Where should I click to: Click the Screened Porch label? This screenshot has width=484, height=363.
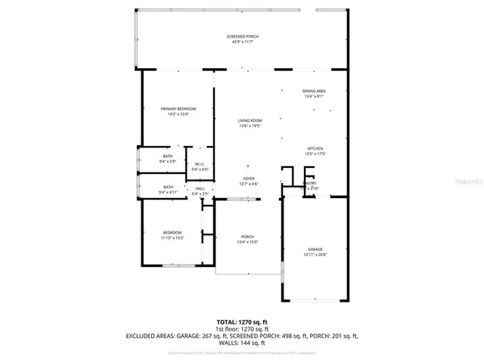[x=241, y=36]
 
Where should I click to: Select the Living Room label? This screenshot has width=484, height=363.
[x=250, y=121]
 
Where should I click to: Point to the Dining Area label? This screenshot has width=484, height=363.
[x=313, y=91]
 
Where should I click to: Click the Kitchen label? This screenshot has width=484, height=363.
[x=315, y=148]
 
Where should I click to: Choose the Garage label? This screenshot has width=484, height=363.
[x=315, y=249]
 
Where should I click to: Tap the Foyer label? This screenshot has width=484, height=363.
[x=248, y=178]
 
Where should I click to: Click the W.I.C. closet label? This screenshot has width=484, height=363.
[x=200, y=164]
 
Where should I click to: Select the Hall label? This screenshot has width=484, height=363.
[x=200, y=188]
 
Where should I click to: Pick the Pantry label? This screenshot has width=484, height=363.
[x=310, y=183]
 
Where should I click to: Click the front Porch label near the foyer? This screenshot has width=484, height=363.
[x=247, y=237]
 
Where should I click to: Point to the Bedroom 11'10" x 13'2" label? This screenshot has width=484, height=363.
[x=172, y=232]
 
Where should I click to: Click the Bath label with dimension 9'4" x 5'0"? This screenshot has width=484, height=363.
[x=167, y=156]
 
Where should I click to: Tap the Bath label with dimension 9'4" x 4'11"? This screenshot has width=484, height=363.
[x=167, y=187]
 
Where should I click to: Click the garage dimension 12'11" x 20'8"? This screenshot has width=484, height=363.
[x=315, y=254]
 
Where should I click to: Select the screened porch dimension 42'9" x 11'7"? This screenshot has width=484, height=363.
[x=241, y=42]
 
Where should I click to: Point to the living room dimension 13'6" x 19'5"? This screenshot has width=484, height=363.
[x=250, y=126]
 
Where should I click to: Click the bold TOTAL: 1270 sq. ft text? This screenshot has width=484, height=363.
[x=241, y=321]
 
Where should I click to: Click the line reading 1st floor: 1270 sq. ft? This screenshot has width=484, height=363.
[x=241, y=328]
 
